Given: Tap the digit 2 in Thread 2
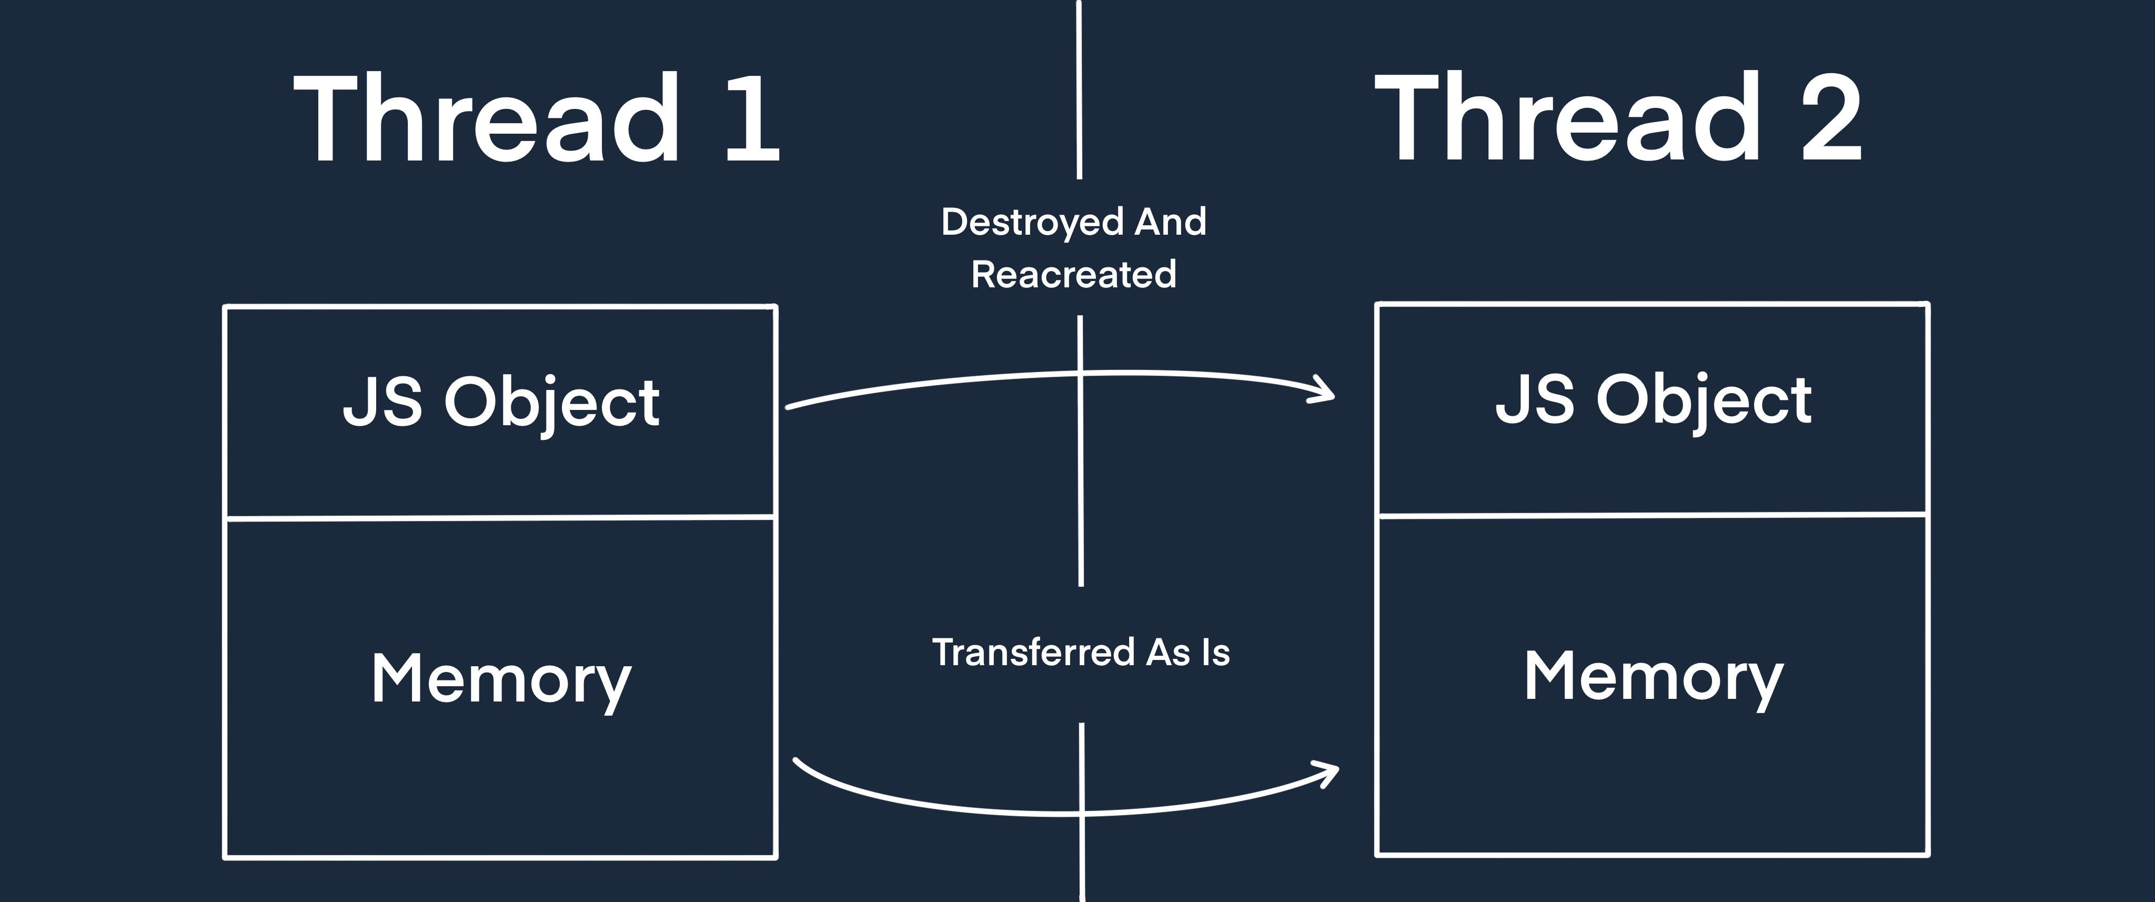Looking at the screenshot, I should point(1832,119).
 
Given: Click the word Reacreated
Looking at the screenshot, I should point(1073,275).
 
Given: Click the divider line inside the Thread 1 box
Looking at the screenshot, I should point(501,518).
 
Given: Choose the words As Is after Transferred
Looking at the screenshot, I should point(1188,653).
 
